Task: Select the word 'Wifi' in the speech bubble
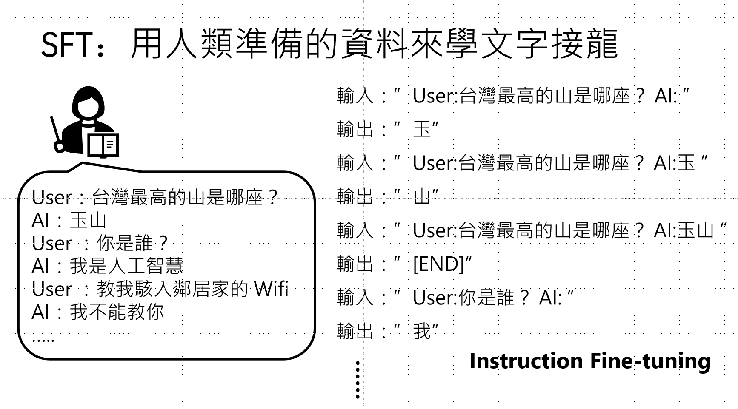[x=271, y=289]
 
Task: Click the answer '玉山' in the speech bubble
[x=88, y=220]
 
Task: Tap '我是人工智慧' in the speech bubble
[x=126, y=266]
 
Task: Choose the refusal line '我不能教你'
[x=117, y=312]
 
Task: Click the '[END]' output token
[x=438, y=264]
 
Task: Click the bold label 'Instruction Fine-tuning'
[x=590, y=361]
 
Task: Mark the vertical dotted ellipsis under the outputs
[x=358, y=380]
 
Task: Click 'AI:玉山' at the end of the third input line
[x=684, y=230]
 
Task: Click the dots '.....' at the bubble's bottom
[x=43, y=340]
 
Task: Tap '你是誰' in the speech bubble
[x=124, y=243]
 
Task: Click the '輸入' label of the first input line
[x=355, y=96]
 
